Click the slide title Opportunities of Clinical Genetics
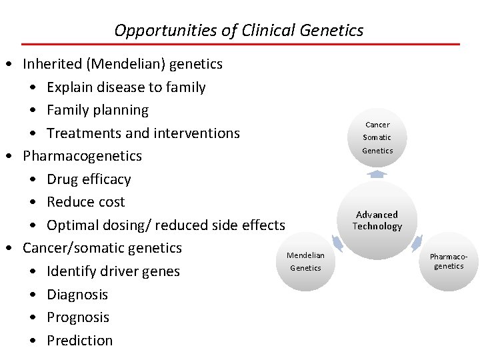[239, 31]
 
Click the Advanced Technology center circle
[377, 221]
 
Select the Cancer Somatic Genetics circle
[377, 137]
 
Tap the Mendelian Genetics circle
[305, 261]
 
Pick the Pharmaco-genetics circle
[449, 261]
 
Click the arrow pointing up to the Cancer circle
[377, 174]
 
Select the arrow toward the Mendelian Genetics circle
[337, 243]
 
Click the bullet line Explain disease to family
[126, 87]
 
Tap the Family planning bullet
[97, 110]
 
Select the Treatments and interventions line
[143, 133]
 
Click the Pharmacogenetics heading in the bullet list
[82, 156]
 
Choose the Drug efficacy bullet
[89, 179]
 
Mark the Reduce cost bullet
[85, 202]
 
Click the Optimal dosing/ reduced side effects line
[165, 225]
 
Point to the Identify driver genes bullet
[113, 271]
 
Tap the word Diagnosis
[77, 295]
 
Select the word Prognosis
[78, 317]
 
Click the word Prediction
[80, 341]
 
